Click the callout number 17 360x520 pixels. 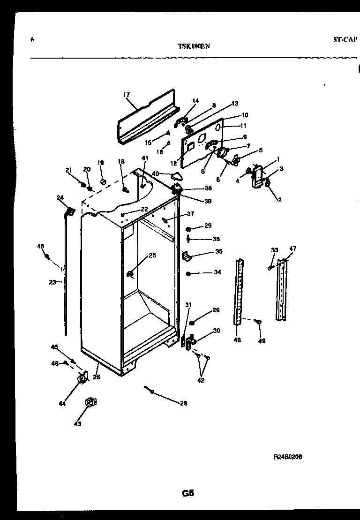point(127,95)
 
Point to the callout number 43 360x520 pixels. point(77,424)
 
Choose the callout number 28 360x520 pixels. point(183,403)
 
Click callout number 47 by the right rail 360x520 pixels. point(293,249)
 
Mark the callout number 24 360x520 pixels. point(60,197)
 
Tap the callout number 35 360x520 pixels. point(218,252)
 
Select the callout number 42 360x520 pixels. point(201,380)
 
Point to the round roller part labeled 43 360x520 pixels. point(90,402)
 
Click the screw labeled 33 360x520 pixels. point(270,267)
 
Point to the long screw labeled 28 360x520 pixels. point(150,389)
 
